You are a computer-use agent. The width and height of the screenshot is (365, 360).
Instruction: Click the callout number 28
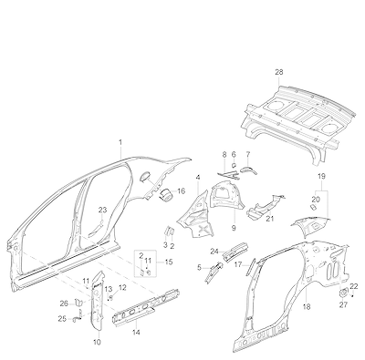[x=279, y=72]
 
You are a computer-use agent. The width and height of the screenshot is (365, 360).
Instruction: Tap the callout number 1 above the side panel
[x=120, y=142]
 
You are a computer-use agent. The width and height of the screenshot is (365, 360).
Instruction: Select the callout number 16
[x=181, y=191]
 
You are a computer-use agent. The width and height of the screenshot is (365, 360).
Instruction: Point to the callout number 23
[x=103, y=210]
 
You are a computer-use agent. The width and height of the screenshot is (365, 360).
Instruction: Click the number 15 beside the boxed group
[x=169, y=262]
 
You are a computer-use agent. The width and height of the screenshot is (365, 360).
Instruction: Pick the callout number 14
[x=136, y=333]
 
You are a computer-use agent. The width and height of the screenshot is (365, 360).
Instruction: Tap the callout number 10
[x=97, y=343]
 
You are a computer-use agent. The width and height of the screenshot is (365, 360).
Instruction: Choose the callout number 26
[x=64, y=303]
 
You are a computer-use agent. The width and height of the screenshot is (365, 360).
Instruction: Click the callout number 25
[x=62, y=319]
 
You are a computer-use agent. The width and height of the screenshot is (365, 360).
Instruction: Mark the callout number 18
[x=307, y=307]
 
